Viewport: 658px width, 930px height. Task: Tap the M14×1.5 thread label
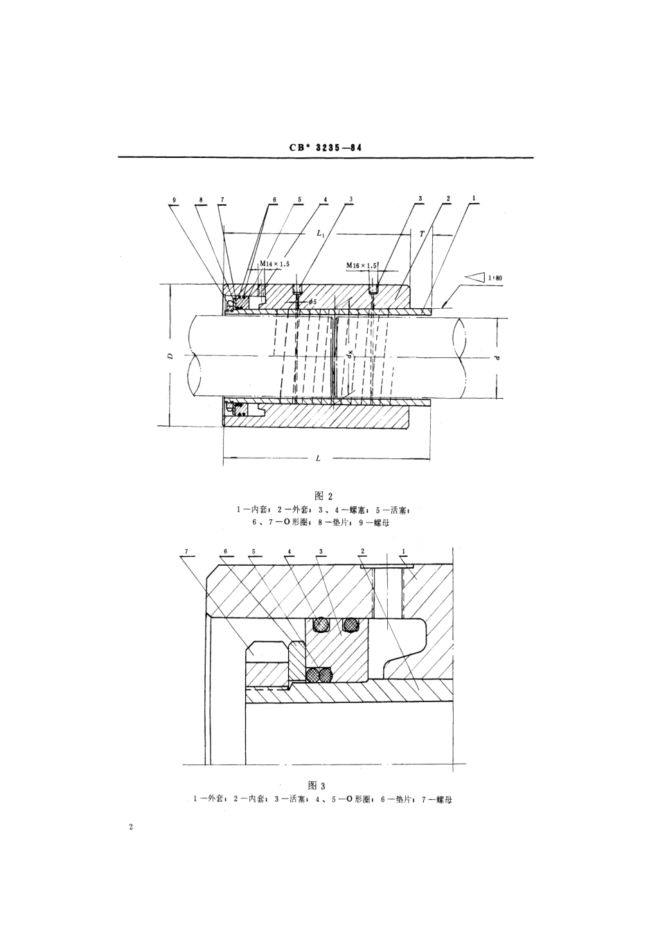tap(274, 265)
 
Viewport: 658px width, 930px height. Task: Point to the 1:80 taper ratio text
tap(495, 278)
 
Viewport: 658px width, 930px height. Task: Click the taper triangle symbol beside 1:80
tap(474, 277)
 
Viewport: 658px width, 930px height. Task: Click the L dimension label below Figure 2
tap(318, 458)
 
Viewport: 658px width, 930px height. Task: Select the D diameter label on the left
tap(170, 357)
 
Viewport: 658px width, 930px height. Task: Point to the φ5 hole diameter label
tap(312, 302)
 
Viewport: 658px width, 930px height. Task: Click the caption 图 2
tap(323, 496)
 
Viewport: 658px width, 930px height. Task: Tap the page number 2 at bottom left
tap(130, 828)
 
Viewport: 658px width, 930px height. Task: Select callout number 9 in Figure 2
tap(175, 199)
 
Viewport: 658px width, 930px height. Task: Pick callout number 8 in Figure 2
tap(201, 199)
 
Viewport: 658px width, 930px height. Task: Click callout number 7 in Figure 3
tap(187, 551)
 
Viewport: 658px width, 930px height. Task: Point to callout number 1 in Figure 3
tap(404, 551)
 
